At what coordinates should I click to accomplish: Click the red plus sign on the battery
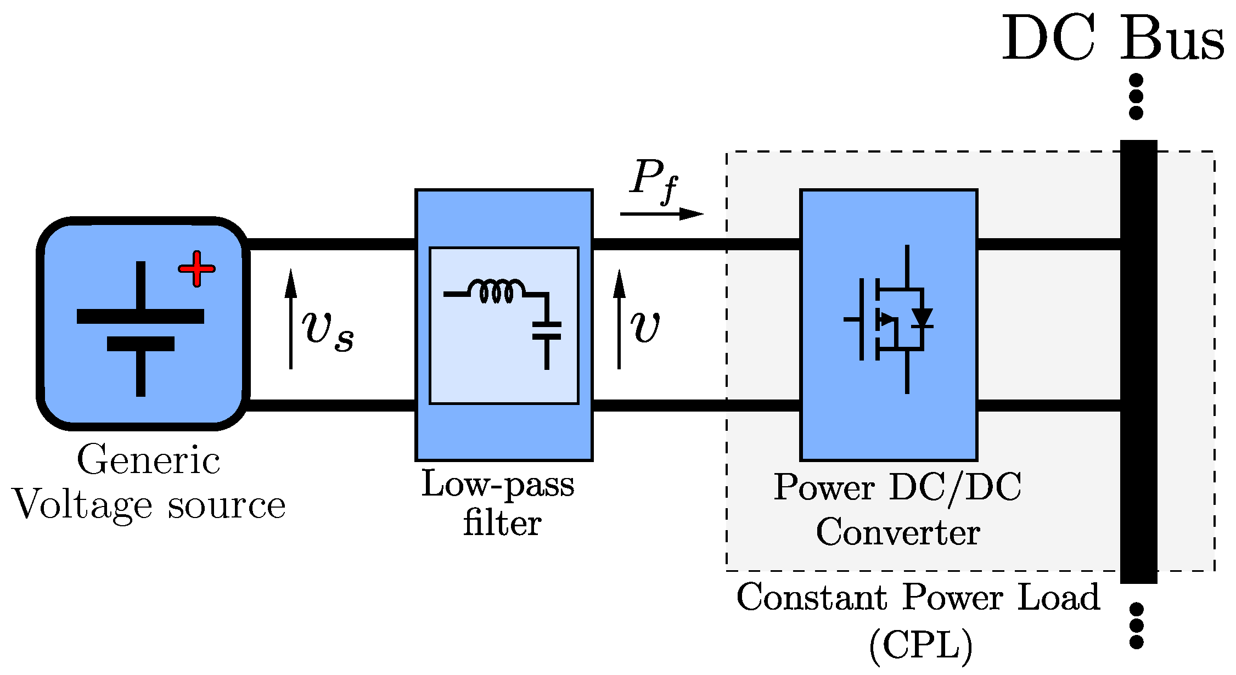coord(196,269)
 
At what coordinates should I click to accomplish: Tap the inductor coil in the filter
coord(496,291)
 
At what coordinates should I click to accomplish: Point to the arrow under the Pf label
coord(661,214)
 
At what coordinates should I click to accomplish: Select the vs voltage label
coord(328,329)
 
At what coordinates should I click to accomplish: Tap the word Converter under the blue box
coord(898,532)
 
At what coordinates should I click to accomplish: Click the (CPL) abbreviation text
coord(920,646)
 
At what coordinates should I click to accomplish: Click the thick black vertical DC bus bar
coord(1138,362)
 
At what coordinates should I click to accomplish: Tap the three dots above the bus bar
coord(1136,97)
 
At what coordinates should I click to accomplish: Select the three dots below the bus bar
coord(1137,626)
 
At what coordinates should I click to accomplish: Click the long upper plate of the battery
coord(141,317)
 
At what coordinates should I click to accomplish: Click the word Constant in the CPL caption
coord(812,597)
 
